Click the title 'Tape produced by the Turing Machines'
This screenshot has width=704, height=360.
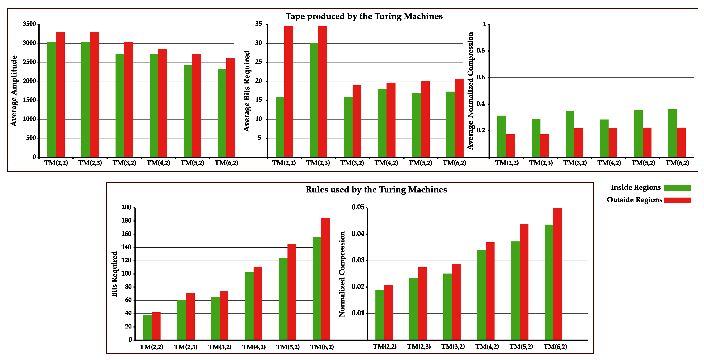364,16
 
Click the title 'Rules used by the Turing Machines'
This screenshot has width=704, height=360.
376,190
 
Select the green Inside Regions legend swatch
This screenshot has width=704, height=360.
677,188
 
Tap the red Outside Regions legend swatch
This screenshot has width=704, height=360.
677,200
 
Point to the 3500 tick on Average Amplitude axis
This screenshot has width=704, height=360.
29,24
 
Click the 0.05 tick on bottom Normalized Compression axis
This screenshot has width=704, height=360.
358,207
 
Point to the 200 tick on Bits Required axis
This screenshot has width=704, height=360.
126,207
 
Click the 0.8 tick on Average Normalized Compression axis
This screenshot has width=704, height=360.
480,51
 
